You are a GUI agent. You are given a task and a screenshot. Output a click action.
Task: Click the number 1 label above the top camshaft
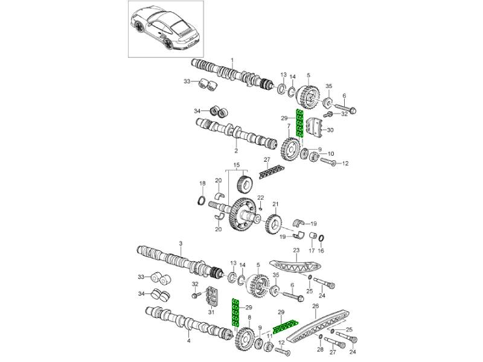(233, 60)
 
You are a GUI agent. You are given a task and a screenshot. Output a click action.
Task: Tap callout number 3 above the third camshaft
(181, 243)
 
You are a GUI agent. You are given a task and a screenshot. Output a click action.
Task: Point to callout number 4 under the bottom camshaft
(188, 341)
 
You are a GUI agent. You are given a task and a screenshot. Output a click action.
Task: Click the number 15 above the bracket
(237, 165)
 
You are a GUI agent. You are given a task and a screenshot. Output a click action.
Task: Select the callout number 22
(261, 198)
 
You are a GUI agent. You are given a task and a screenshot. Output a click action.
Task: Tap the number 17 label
(312, 250)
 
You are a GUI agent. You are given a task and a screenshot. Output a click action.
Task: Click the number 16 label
(321, 250)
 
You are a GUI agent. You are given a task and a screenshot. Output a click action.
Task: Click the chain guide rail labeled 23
(296, 266)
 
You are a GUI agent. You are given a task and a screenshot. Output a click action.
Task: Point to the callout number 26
(315, 306)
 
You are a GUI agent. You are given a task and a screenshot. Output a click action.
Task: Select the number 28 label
(320, 349)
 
